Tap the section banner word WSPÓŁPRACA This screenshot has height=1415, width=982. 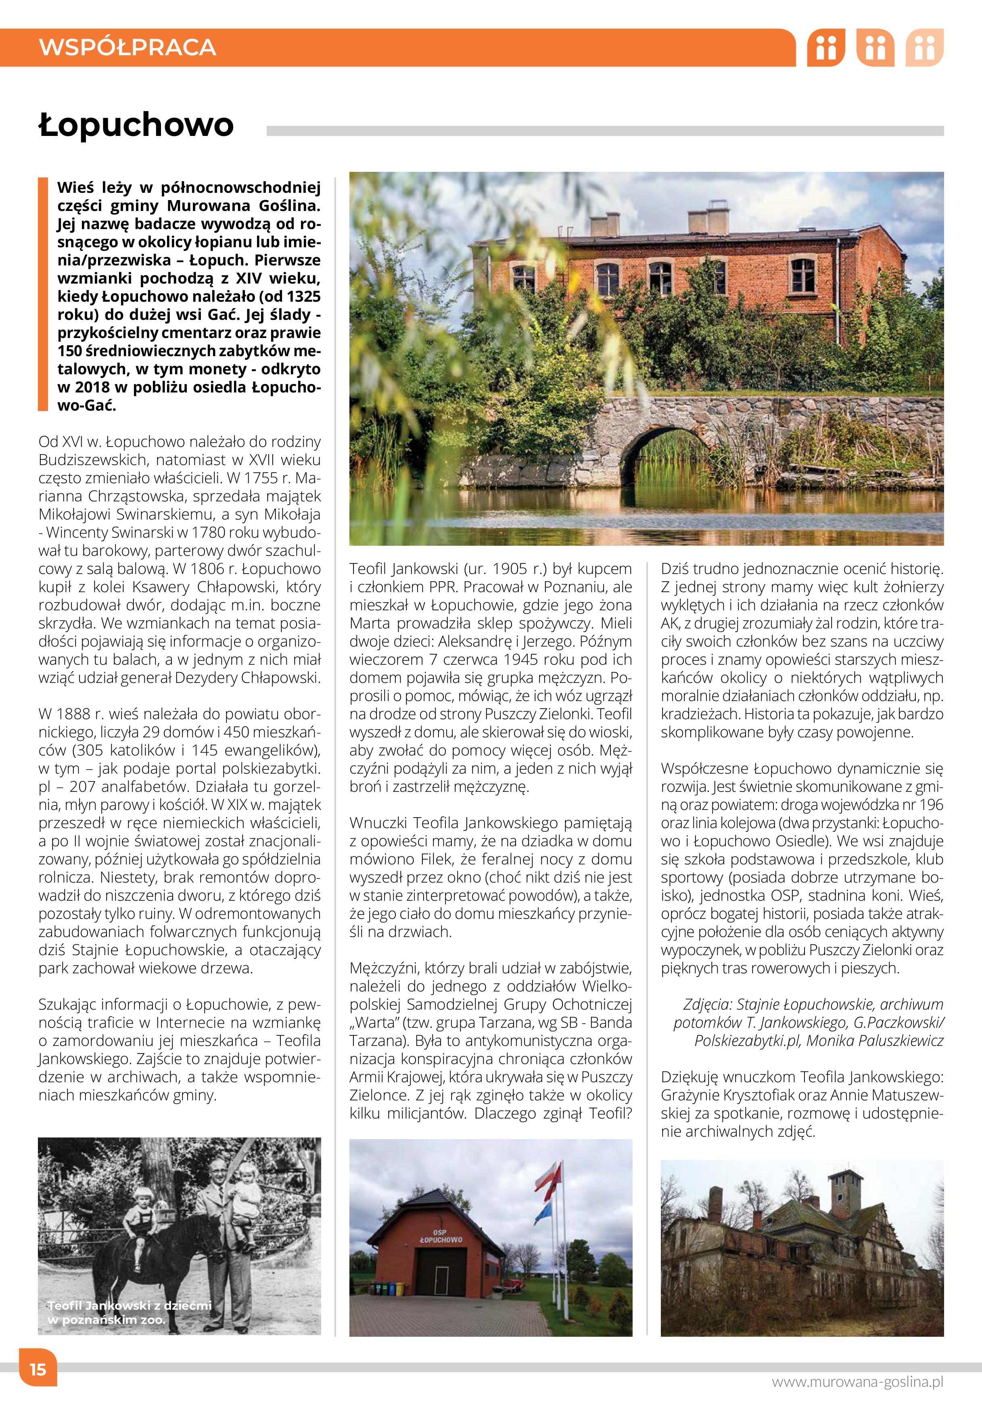point(127,47)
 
